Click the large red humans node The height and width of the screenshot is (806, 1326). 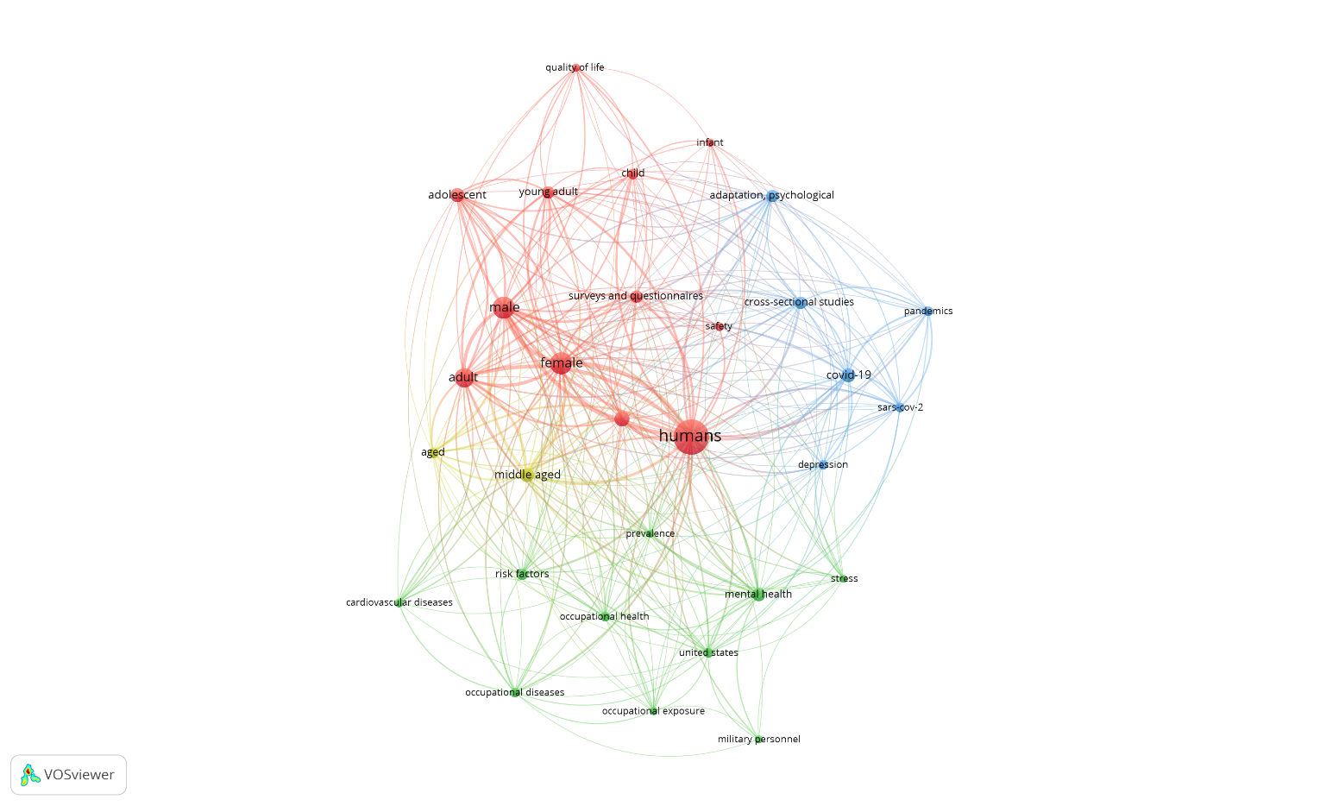pyautogui.click(x=691, y=437)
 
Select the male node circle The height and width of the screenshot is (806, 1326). pyautogui.click(x=504, y=307)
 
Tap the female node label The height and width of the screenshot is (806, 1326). pyautogui.click(x=562, y=362)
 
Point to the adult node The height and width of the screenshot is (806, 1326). pyautogui.click(x=464, y=377)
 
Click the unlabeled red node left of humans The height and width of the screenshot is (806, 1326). pyautogui.click(x=622, y=419)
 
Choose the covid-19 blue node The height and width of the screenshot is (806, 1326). pyautogui.click(x=848, y=375)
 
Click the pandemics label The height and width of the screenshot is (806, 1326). pyautogui.click(x=928, y=311)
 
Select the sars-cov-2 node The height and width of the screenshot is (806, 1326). pyautogui.click(x=900, y=407)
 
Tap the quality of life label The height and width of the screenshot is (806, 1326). pyautogui.click(x=575, y=67)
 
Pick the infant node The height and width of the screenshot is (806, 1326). pyautogui.click(x=710, y=142)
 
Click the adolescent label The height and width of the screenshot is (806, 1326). pyautogui.click(x=457, y=195)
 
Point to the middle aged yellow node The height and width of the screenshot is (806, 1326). pyautogui.click(x=527, y=475)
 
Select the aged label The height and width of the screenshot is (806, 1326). pyautogui.click(x=433, y=452)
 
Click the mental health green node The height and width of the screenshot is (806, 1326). pyautogui.click(x=757, y=594)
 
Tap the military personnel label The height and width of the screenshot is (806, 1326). pyautogui.click(x=759, y=740)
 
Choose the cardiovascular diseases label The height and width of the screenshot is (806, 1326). pyautogui.click(x=399, y=602)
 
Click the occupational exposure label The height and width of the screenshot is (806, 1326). pyautogui.click(x=653, y=711)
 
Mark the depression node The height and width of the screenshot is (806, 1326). pyautogui.click(x=823, y=465)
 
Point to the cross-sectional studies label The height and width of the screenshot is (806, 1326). pyautogui.click(x=799, y=302)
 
